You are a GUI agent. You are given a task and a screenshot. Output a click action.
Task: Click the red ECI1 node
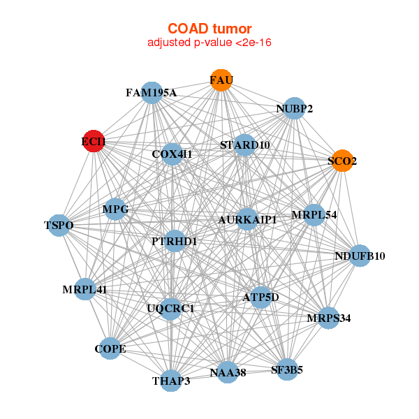[94, 141]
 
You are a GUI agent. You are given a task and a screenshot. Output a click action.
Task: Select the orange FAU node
[221, 81]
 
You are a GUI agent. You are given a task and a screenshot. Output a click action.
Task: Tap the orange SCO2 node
[341, 161]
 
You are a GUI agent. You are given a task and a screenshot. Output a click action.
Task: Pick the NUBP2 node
[295, 108]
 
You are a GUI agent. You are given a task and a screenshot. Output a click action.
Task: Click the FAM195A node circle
[152, 93]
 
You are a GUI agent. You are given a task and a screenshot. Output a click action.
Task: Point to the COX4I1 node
[172, 154]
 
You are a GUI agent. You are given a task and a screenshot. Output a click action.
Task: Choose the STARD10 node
[244, 145]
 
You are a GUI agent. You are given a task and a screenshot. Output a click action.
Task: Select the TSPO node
[59, 225]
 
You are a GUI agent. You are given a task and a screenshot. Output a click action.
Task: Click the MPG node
[115, 209]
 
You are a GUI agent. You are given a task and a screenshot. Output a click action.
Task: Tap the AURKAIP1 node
[247, 219]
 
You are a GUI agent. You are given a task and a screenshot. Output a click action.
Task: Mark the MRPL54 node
[314, 214]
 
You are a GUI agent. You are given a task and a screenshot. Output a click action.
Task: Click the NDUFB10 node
[360, 256]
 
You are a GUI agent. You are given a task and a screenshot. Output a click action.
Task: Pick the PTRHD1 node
[175, 242]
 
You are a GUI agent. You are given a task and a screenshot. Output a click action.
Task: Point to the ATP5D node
[260, 297]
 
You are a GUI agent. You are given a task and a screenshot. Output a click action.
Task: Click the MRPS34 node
[328, 318]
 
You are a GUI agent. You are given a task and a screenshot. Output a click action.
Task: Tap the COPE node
[110, 348]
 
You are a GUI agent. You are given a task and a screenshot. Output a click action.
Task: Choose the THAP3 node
[171, 381]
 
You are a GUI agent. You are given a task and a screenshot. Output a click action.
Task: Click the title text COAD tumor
[209, 29]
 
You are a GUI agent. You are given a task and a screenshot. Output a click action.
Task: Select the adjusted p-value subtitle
[209, 43]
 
